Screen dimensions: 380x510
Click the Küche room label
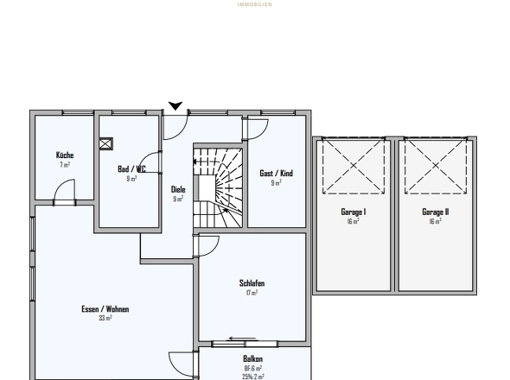65,155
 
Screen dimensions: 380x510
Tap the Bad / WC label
131,170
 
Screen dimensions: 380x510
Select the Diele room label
178,189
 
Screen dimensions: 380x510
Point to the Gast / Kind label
276,173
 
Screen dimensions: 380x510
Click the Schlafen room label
252,283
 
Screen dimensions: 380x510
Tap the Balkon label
253,358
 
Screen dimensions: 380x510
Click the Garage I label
353,212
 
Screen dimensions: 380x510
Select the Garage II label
435,212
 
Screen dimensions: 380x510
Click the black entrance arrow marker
175,105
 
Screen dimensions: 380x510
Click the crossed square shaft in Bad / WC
106,145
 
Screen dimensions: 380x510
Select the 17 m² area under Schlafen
252,293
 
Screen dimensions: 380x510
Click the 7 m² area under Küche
65,164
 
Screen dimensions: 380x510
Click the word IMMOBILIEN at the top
254,3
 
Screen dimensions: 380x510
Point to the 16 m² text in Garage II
435,221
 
